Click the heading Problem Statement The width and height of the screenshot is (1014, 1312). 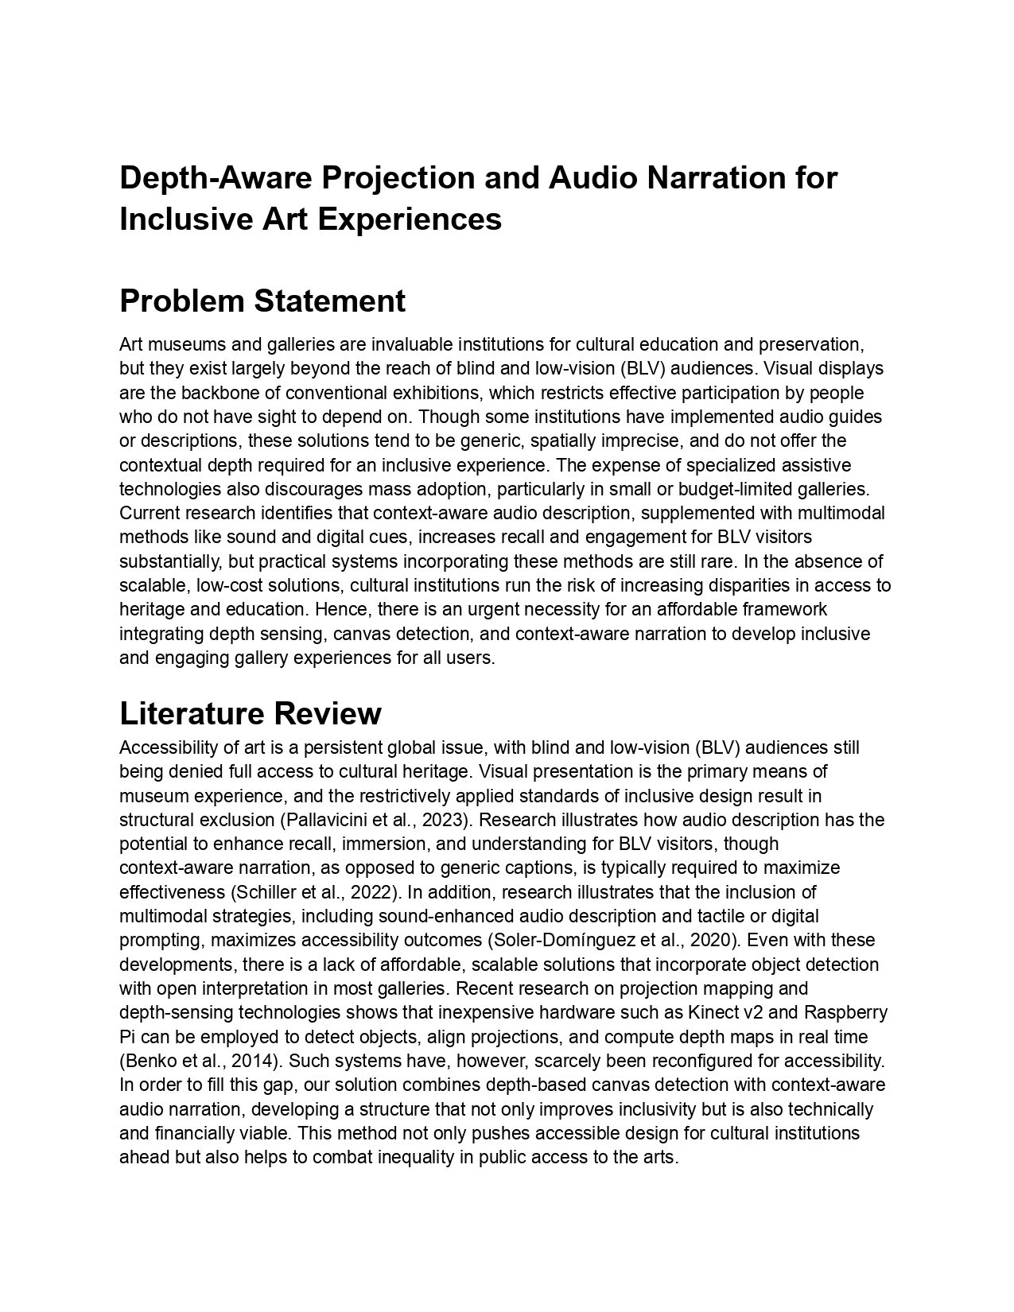[262, 301]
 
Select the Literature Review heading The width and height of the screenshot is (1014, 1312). [250, 713]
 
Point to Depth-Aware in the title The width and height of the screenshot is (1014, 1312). [215, 177]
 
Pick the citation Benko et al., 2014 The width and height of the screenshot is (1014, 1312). [200, 1061]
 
